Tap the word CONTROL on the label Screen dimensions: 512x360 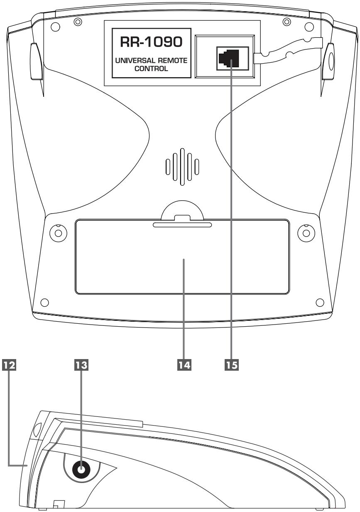[x=148, y=69]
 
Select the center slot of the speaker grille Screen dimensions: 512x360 [x=182, y=166]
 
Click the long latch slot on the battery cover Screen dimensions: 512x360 [x=182, y=225]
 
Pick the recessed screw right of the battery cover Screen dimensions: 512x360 [x=306, y=232]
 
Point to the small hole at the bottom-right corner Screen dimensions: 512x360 [x=319, y=301]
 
